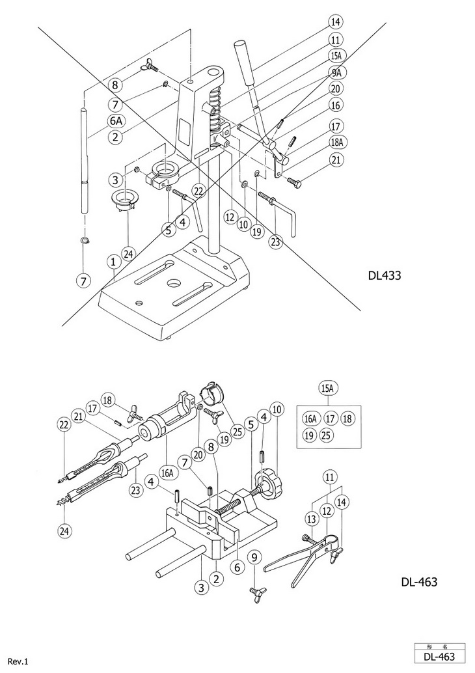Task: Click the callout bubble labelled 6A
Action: click(115, 122)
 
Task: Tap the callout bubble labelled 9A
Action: click(336, 72)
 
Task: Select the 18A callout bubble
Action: click(337, 142)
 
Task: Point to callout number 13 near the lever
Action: click(312, 519)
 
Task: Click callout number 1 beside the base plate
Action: click(113, 261)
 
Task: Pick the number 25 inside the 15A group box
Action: click(326, 435)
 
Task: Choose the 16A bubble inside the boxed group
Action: click(310, 418)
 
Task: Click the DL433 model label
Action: click(385, 275)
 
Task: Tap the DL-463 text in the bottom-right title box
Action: click(439, 657)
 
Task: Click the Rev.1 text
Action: click(18, 662)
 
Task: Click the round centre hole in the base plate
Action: click(174, 283)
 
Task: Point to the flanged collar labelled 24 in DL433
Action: click(126, 201)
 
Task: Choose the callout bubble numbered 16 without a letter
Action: click(336, 105)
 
